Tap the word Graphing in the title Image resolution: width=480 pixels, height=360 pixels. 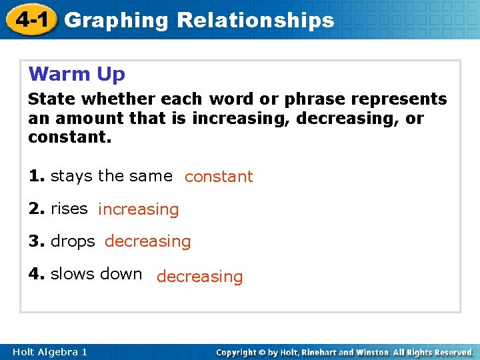117,21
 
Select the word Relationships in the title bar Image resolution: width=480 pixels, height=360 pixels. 255,21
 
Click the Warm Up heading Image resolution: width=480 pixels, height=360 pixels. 77,73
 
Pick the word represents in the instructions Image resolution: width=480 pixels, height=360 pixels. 401,99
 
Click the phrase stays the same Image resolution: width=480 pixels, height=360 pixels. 111,176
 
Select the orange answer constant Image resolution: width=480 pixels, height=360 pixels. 219,177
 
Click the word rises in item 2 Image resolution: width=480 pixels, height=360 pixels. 69,209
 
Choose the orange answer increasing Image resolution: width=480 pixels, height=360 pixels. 139,209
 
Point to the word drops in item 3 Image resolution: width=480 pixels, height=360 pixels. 73,241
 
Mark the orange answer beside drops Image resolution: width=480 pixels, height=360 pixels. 147,241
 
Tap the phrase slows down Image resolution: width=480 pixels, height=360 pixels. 96,274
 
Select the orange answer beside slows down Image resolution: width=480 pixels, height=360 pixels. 200,277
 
